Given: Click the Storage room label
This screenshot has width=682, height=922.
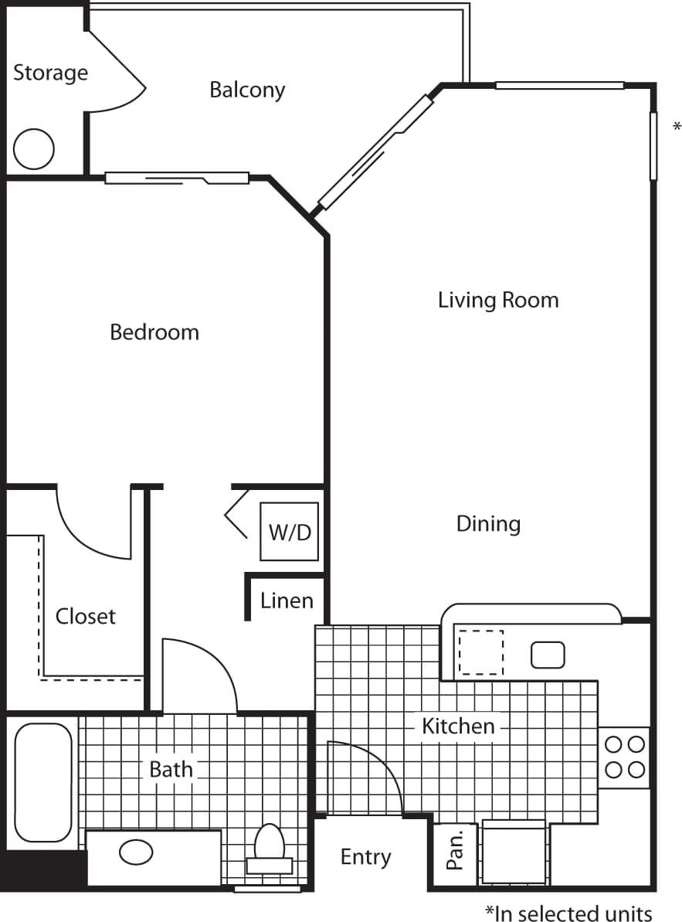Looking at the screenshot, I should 50,73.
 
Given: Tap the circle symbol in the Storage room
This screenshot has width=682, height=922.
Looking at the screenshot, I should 34,148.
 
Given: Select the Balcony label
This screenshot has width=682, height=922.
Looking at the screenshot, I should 247,90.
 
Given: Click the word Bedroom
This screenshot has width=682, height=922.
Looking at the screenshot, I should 154,332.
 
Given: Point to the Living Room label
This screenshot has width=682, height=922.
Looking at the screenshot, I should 498,300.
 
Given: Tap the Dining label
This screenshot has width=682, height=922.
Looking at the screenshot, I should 488,524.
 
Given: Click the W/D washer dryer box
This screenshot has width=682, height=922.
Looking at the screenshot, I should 290,532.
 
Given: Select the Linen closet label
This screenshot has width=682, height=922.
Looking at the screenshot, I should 287,600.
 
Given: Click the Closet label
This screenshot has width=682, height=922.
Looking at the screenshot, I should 86,617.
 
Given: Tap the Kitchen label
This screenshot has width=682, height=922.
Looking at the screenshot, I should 458,726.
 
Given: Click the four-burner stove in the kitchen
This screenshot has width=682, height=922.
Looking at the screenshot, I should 624,757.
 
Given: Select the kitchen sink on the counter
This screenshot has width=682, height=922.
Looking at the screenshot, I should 548,655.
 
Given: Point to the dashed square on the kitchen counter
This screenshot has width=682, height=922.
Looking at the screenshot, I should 481,653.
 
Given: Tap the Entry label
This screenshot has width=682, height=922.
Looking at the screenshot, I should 365,857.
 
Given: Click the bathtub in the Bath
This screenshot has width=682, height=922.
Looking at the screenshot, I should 43,782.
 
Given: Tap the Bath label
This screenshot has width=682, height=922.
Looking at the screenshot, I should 171,770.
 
